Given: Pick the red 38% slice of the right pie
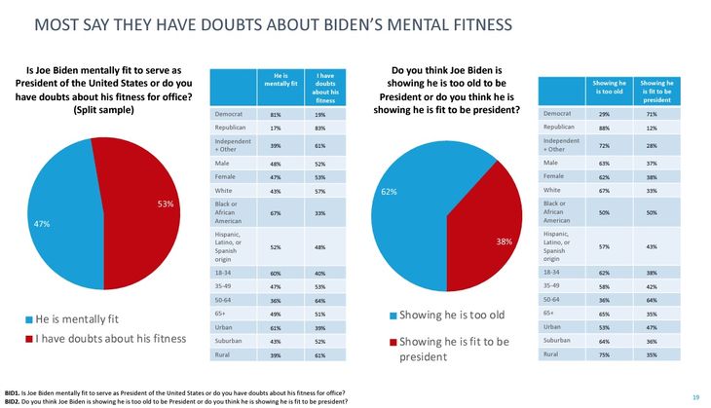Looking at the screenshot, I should pos(482,239).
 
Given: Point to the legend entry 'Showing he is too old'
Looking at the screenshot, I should pos(449,315).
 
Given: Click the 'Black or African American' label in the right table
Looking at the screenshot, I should pos(557,211).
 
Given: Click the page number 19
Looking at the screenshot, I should pos(695,395).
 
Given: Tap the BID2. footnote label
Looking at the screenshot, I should pos(13,400).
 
